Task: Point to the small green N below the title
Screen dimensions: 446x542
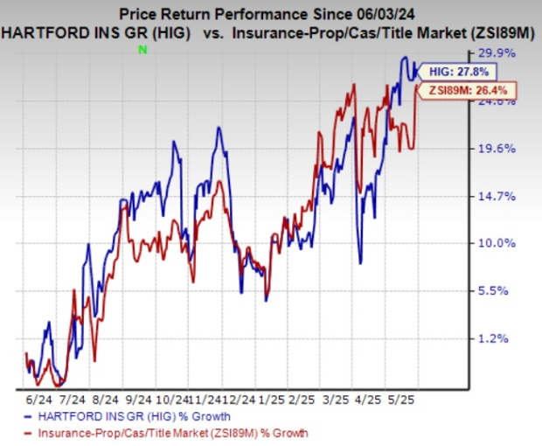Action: click(142, 52)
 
